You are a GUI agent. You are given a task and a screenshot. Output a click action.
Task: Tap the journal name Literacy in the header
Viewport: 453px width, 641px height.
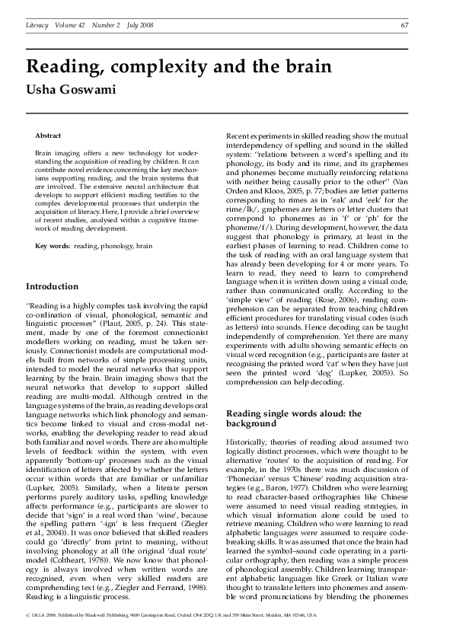[x=37, y=25]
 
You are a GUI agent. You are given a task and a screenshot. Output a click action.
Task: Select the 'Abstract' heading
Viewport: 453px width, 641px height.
[x=49, y=135]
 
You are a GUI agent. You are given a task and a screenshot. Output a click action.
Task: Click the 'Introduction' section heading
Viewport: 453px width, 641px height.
[x=52, y=286]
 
